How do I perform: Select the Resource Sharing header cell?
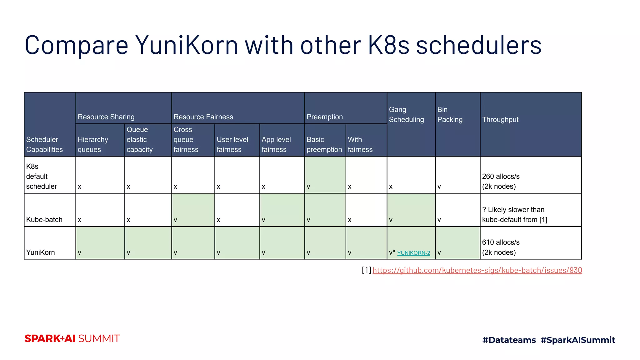[123, 108]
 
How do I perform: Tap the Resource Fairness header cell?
[238, 108]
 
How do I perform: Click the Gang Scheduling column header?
[411, 124]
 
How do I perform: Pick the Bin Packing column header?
[457, 124]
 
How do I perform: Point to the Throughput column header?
[530, 124]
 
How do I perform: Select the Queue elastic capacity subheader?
[148, 140]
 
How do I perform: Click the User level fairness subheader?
[237, 140]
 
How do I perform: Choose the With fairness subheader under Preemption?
[366, 140]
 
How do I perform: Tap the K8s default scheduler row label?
[50, 175]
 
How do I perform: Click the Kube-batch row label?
[50, 210]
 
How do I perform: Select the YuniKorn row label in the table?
[50, 243]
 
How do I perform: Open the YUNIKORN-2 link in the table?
[413, 253]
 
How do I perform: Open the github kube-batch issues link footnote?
[477, 270]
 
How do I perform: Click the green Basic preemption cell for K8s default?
[325, 175]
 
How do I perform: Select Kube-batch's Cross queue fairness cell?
[193, 210]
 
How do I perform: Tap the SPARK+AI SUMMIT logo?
[72, 339]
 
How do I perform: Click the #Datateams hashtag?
[509, 340]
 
